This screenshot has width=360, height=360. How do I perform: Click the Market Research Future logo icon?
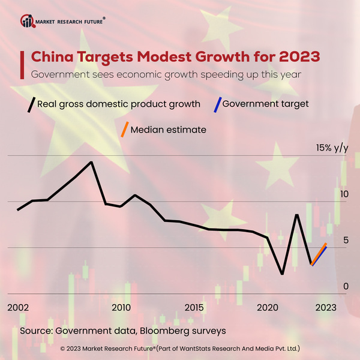coord(28,21)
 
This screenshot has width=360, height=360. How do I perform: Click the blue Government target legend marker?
coord(217,104)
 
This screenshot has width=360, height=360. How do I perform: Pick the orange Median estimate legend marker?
coord(124,130)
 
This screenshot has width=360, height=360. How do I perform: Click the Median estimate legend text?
coord(168,130)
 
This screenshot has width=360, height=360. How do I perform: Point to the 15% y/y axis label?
coord(332,148)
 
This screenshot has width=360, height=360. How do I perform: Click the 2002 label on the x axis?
coord(18,307)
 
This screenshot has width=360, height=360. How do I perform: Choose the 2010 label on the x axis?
coord(121,307)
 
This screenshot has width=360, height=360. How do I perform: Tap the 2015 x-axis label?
coord(194,307)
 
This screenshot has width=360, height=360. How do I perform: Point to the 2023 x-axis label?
coord(325,307)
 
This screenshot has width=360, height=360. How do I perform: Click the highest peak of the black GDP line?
coord(91,162)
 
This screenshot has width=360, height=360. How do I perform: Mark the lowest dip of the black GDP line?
coord(282,274)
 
